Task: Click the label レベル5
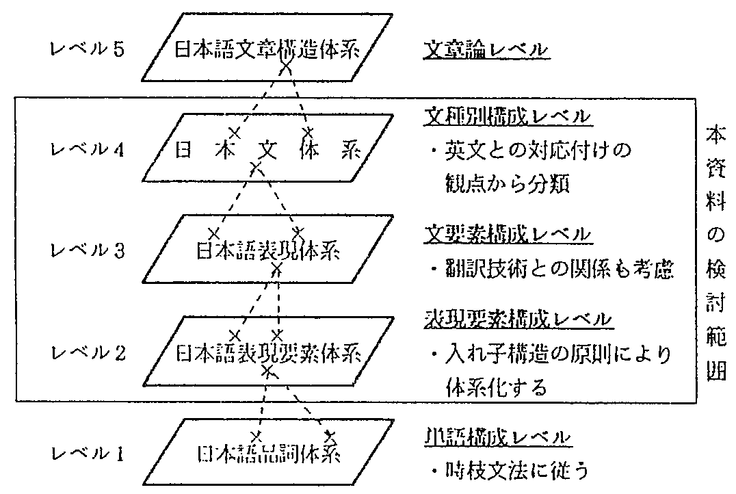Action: pos(87,51)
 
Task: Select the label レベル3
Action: pos(87,251)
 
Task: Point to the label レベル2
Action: pos(87,354)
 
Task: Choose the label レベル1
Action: pos(87,453)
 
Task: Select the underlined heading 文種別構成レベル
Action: pos(506,117)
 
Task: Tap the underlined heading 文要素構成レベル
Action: pos(506,235)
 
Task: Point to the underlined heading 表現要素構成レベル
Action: pos(516,319)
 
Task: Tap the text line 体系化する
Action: pos(496,388)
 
